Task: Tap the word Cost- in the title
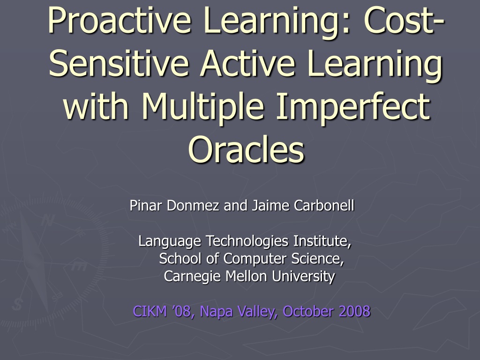point(404,20)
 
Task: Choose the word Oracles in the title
point(247,149)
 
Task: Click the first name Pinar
point(145,205)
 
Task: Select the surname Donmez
point(193,205)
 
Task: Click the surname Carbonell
point(324,205)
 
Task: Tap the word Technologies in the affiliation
point(247,241)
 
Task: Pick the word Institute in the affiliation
point(322,241)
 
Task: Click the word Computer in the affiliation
point(255,259)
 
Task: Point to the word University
point(303,277)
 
